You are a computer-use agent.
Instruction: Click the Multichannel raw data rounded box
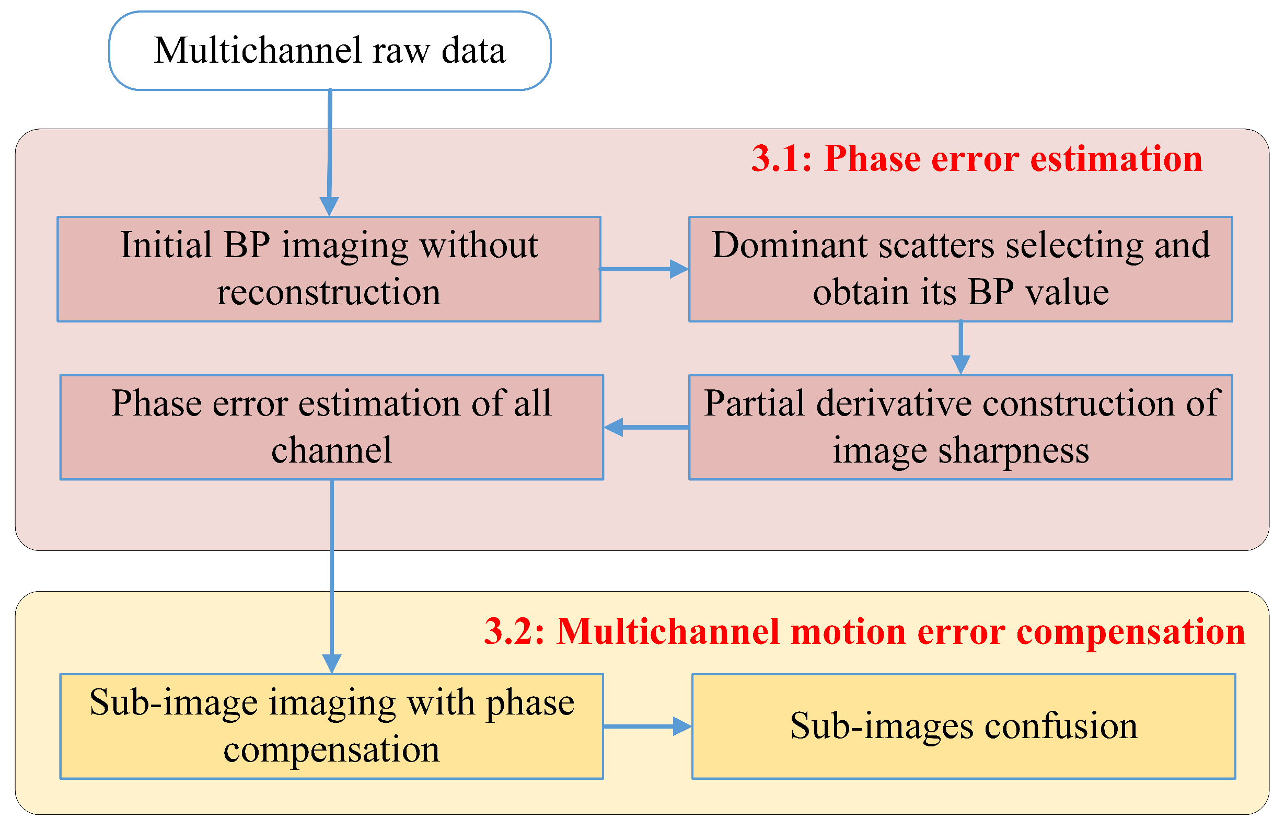pyautogui.click(x=329, y=50)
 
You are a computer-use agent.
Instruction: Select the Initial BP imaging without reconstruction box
pyautogui.click(x=329, y=269)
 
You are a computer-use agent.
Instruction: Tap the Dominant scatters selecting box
pyautogui.click(x=960, y=269)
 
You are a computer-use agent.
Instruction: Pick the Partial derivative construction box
pyautogui.click(x=960, y=427)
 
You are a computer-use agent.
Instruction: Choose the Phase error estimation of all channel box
pyautogui.click(x=331, y=427)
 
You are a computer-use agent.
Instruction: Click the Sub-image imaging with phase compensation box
pyautogui.click(x=331, y=726)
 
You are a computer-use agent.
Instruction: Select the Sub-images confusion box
pyautogui.click(x=963, y=726)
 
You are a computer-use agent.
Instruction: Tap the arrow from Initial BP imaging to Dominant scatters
pyautogui.click(x=644, y=269)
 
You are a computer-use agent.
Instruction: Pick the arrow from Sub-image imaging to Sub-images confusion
pyautogui.click(x=646, y=726)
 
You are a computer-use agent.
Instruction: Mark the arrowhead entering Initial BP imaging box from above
pyautogui.click(x=329, y=206)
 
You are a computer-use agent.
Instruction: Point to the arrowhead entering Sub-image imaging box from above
pyautogui.click(x=331, y=663)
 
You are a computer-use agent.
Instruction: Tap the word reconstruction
pyautogui.click(x=329, y=292)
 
